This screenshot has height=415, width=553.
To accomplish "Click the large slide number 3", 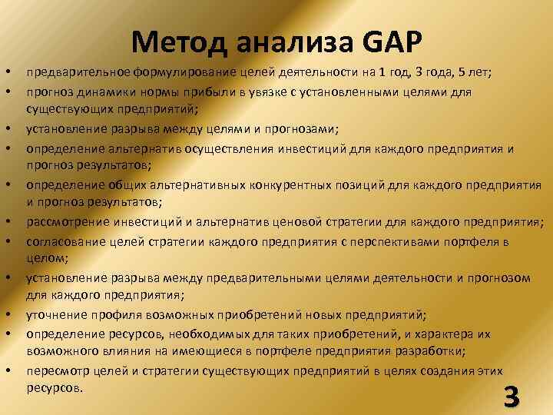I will point(510,397).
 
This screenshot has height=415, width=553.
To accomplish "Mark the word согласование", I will point(62,241).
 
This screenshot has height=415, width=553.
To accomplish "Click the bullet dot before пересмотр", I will point(7,370).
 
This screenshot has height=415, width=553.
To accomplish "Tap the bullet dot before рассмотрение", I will point(7,222).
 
